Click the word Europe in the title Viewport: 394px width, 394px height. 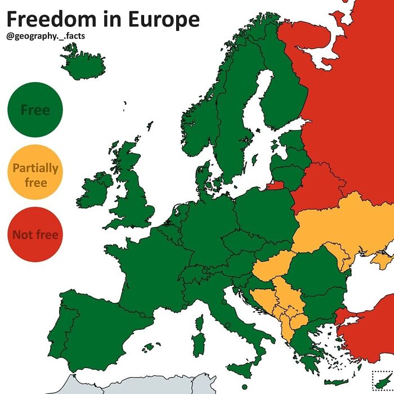(163, 20)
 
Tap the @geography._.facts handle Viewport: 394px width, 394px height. (45, 37)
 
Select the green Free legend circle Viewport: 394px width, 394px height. (35, 110)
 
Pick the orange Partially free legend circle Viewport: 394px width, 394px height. (35, 174)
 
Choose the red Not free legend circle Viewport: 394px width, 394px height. (35, 234)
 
